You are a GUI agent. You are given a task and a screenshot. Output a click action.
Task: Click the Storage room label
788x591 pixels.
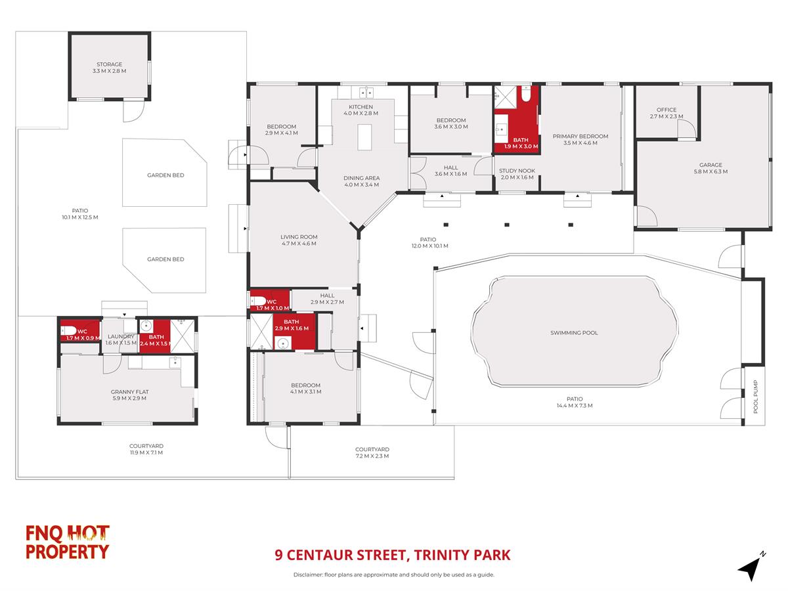110,64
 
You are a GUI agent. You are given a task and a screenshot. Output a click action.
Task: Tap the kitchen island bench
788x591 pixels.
364,137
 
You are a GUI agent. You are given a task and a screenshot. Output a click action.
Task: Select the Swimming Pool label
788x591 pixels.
574,333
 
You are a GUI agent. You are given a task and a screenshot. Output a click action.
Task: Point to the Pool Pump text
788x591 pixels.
755,396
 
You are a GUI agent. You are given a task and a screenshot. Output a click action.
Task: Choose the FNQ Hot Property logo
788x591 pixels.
67,542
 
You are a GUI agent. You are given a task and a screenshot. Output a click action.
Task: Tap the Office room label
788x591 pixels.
667,110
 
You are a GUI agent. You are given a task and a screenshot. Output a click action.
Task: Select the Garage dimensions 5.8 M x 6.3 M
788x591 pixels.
711,171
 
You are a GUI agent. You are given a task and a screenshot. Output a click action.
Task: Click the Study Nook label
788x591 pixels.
517,171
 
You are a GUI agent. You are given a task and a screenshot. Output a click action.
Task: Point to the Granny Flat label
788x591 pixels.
129,392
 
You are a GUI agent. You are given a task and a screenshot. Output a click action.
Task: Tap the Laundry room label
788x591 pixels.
121,336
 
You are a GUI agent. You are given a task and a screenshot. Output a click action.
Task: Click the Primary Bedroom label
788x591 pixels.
580,137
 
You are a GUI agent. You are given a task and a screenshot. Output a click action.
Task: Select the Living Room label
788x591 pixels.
299,237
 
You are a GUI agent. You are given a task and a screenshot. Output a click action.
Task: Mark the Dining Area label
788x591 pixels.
362,178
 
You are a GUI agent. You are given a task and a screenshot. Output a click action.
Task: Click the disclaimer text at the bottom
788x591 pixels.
394,575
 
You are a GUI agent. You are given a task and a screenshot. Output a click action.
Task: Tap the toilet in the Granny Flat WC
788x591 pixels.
68,330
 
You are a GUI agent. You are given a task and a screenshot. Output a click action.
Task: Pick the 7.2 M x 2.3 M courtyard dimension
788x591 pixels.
372,456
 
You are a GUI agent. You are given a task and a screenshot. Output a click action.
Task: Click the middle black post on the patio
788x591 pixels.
506,225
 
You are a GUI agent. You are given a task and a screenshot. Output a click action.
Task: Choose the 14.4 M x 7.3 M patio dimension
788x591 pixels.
575,405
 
